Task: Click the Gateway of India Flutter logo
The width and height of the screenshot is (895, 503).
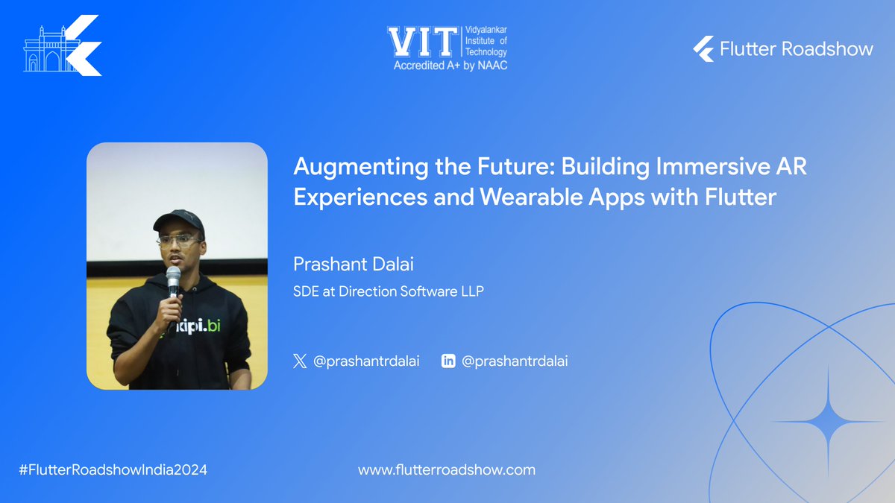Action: (63, 47)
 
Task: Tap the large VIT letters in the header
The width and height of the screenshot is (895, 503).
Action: (420, 42)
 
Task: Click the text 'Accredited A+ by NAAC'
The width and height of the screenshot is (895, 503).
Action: (450, 66)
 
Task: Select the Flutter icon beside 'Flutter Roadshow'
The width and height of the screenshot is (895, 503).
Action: (703, 49)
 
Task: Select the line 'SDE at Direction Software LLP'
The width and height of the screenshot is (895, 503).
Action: (389, 291)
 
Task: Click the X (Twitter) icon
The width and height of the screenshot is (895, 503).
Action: (300, 361)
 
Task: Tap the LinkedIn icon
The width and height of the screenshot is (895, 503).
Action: (448, 361)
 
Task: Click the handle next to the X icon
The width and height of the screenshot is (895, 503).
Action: (366, 361)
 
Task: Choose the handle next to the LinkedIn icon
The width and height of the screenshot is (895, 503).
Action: (515, 361)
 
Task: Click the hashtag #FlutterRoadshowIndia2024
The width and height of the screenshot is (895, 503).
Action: (113, 470)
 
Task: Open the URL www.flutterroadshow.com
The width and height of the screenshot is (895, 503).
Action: (447, 470)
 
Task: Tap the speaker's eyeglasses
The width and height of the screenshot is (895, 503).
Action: (179, 241)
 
